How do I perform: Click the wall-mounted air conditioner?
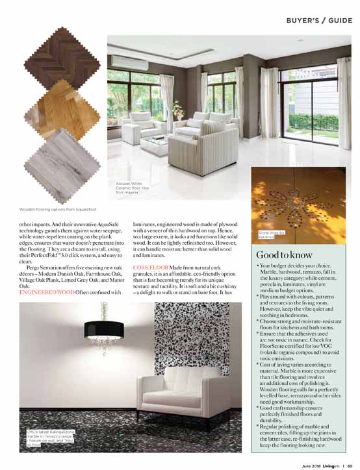(127, 61)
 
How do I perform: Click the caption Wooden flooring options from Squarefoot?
(57, 208)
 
